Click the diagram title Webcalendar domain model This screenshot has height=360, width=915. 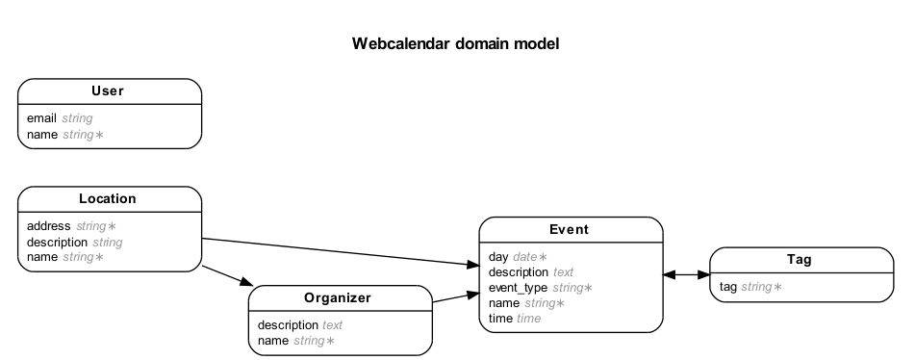pos(455,43)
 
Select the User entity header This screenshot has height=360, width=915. pos(108,91)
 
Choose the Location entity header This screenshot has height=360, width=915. pos(108,199)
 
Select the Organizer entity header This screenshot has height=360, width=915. pos(338,298)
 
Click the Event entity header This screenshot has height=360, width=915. pos(569,230)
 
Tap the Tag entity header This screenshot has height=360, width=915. pos(800,260)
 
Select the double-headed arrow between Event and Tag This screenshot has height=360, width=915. pos(685,274)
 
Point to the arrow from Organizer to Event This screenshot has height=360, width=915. pos(454,297)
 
